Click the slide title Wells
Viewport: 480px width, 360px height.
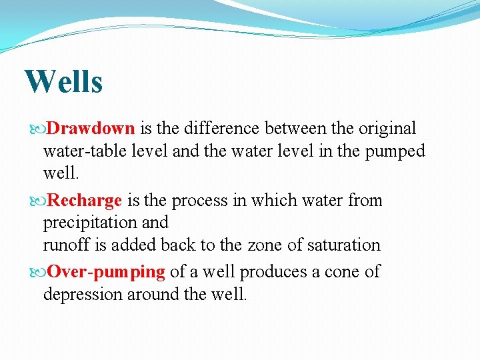pyautogui.click(x=63, y=82)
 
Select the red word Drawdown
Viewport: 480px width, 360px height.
pyautogui.click(x=91, y=128)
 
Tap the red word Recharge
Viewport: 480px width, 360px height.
pyautogui.click(x=85, y=200)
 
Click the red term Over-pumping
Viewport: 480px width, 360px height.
pyautogui.click(x=106, y=272)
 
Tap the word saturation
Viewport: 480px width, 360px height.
pyautogui.click(x=343, y=245)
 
